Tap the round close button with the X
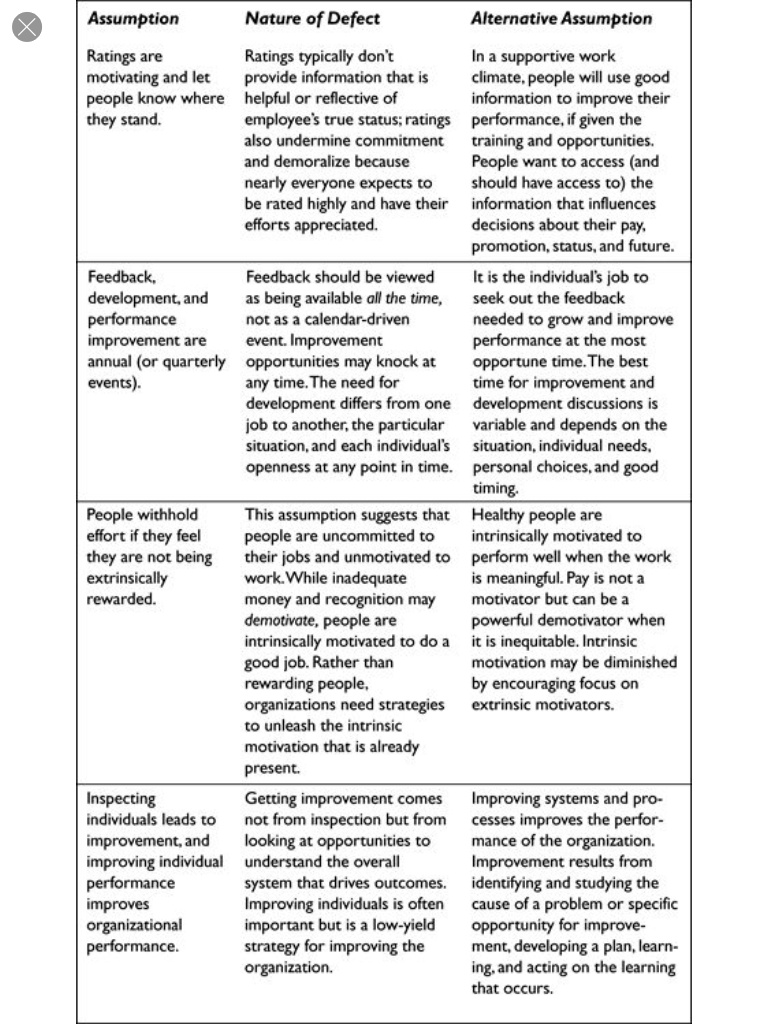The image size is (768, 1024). pos(27,27)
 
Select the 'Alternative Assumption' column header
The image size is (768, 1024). pos(561,18)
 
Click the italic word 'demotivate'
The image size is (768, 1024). pos(281,619)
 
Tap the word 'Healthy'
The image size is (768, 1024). pos(501,514)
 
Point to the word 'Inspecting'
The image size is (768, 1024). pos(121,799)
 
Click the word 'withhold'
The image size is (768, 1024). pos(168,514)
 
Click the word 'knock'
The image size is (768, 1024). pos(412,361)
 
